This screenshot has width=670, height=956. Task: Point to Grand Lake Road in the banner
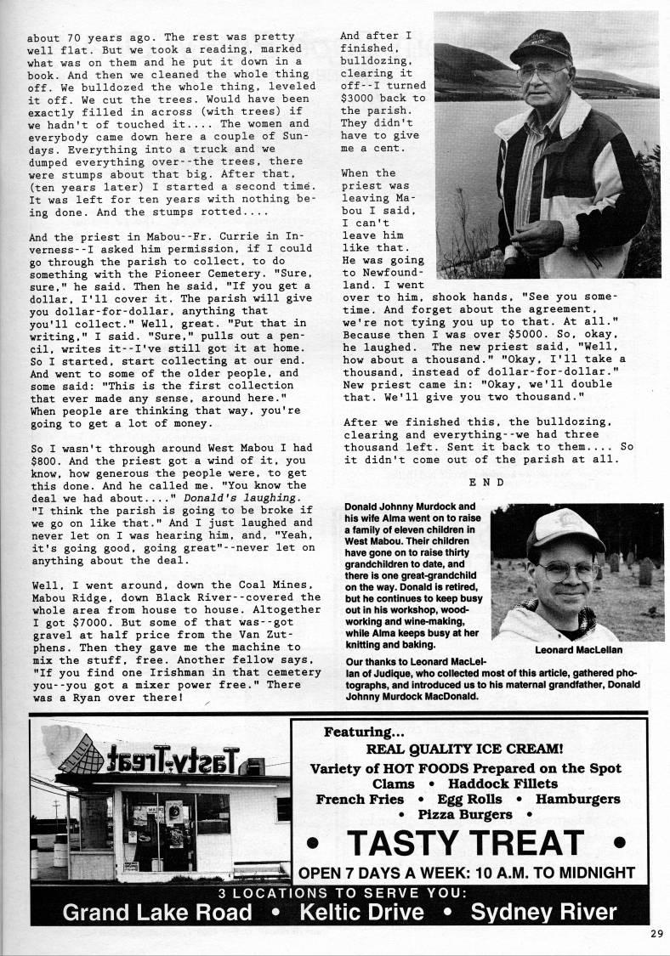(158, 912)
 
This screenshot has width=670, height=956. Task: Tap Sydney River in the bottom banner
(544, 912)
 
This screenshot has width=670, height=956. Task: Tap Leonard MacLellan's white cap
(564, 527)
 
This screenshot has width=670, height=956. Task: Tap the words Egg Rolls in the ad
(468, 799)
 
